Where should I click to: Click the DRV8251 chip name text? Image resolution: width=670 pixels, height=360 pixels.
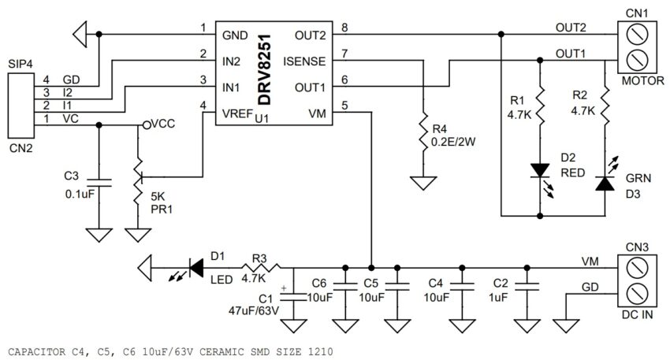pyautogui.click(x=265, y=69)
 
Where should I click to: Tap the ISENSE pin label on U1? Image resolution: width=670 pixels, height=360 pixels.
pyautogui.click(x=304, y=62)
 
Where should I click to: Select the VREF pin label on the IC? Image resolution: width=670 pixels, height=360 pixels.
pyautogui.click(x=237, y=114)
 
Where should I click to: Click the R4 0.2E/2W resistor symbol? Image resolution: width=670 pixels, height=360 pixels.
pyautogui.click(x=423, y=132)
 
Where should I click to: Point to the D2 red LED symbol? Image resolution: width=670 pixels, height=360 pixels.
pyautogui.click(x=541, y=175)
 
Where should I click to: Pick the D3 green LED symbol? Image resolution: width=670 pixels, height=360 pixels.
pyautogui.click(x=605, y=177)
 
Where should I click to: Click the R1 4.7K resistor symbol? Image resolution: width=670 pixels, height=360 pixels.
pyautogui.click(x=540, y=106)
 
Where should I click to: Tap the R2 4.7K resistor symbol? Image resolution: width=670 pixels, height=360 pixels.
pyautogui.click(x=605, y=106)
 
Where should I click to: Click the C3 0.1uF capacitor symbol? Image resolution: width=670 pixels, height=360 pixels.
pyautogui.click(x=99, y=183)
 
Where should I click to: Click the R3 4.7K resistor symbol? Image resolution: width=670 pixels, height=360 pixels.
pyautogui.click(x=260, y=268)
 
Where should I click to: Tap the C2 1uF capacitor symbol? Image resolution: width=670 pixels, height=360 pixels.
pyautogui.click(x=527, y=286)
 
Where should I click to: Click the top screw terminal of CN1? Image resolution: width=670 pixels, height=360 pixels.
pyautogui.click(x=637, y=35)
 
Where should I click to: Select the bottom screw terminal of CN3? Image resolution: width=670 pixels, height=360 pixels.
pyautogui.click(x=637, y=295)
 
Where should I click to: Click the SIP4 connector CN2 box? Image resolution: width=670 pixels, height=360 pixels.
pyautogui.click(x=21, y=106)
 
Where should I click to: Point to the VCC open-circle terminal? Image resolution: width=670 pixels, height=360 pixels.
pyautogui.click(x=147, y=124)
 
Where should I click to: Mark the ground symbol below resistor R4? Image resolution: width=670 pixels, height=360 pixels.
pyautogui.click(x=423, y=184)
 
